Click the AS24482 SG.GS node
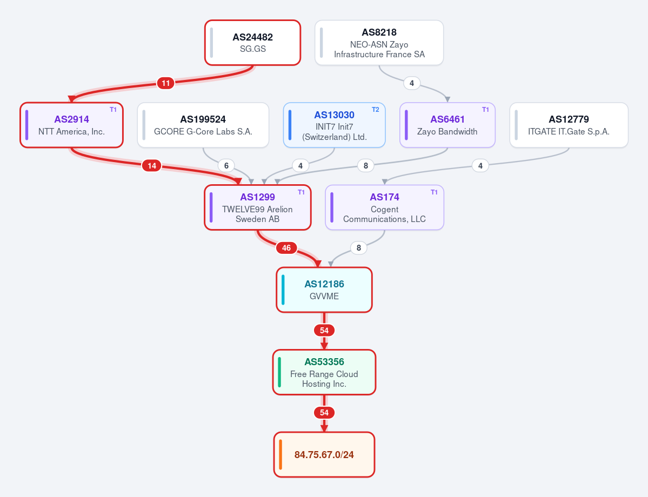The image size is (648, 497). (252, 43)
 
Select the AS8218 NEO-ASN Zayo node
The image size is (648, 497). (379, 43)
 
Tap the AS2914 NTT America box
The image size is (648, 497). (71, 125)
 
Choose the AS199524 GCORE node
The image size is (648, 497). (203, 125)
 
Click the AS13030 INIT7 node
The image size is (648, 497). (335, 125)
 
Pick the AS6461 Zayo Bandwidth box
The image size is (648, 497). (447, 125)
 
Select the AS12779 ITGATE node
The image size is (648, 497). (569, 125)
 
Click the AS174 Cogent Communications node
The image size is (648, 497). (384, 207)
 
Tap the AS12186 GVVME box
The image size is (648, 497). (324, 290)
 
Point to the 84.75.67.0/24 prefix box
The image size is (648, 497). (324, 454)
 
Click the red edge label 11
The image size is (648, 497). (166, 83)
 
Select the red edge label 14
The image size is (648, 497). (152, 166)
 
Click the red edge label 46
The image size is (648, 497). (286, 248)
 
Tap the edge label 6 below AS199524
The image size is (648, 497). (226, 166)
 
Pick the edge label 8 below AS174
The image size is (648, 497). (359, 248)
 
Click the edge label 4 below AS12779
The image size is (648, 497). (480, 166)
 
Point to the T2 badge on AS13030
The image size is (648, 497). (375, 110)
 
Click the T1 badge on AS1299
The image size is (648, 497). (301, 192)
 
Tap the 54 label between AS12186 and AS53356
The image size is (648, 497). (324, 331)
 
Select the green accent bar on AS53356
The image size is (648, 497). (280, 372)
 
